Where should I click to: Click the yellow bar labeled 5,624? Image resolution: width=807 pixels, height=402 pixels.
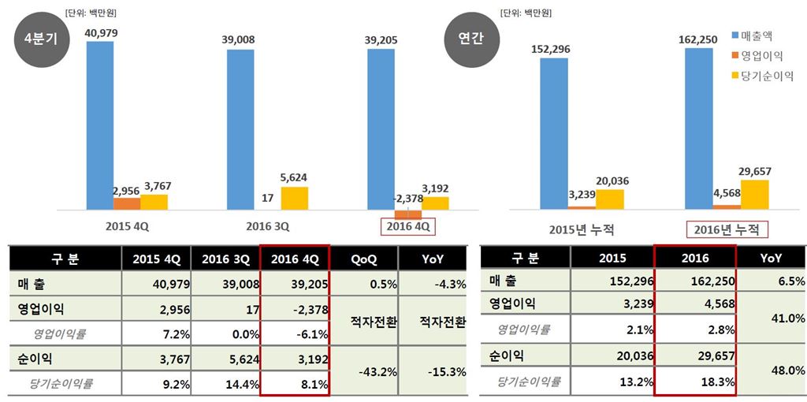[x=294, y=198]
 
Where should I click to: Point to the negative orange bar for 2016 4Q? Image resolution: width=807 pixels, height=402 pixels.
[x=407, y=214]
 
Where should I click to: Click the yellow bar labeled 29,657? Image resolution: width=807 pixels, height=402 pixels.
[x=755, y=194]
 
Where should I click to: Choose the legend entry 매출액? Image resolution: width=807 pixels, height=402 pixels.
[x=761, y=36]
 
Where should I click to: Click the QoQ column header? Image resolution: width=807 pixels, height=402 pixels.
[x=363, y=259]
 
